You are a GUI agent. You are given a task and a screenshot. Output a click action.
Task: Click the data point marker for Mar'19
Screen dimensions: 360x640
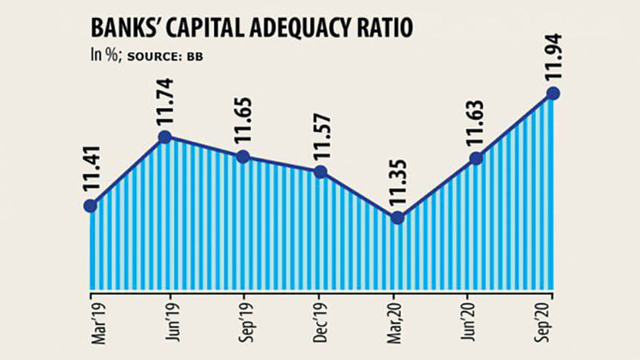click(x=90, y=206)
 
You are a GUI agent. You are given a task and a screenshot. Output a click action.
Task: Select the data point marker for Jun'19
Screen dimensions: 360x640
click(x=165, y=137)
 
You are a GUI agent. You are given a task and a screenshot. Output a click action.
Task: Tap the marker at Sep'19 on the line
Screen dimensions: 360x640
click(x=242, y=156)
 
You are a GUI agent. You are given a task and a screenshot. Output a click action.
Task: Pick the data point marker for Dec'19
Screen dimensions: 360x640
click(x=320, y=172)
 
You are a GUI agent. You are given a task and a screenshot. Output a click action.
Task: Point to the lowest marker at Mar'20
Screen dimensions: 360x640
click(x=397, y=218)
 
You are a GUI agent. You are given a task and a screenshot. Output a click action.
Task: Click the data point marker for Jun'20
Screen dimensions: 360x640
click(x=476, y=158)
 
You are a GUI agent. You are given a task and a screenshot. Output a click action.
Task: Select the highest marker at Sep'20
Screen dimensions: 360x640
click(x=553, y=93)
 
